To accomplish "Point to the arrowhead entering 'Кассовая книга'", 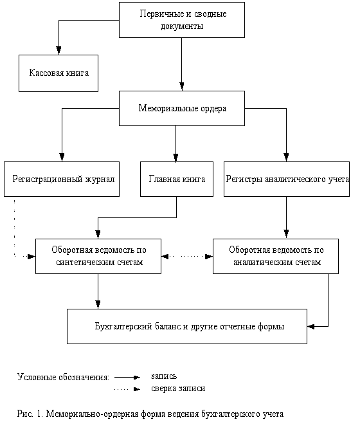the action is (59, 51).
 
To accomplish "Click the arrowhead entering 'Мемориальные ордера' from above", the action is (182, 86).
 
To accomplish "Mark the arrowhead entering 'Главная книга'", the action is (175, 158).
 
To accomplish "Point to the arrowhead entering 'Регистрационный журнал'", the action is (62, 158).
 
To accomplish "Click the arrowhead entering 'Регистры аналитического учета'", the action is (286, 158).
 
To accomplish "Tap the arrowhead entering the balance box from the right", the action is (311, 326).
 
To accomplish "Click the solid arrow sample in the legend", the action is (127, 378).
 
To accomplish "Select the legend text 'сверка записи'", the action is (178, 389).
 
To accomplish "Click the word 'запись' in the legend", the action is (164, 376).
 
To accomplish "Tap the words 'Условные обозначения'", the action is (62, 377).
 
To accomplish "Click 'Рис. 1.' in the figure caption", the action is (30, 413).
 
